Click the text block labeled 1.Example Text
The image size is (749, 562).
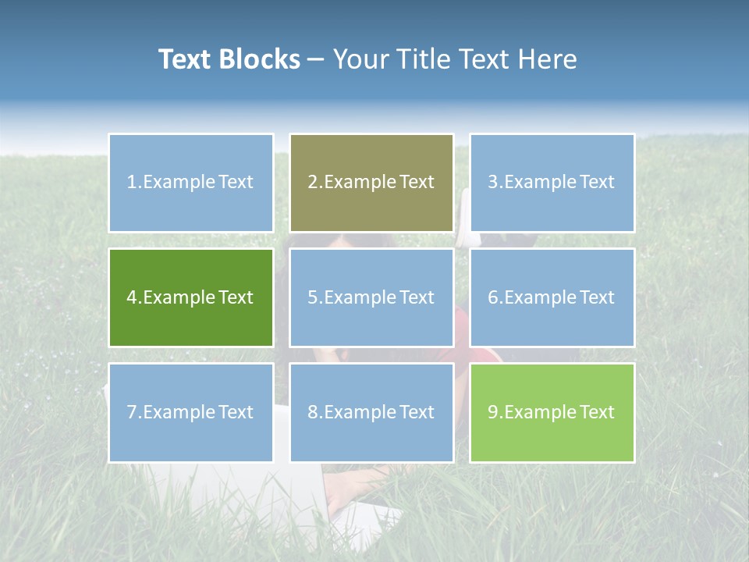[x=190, y=183]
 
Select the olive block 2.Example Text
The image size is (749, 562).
[x=371, y=183]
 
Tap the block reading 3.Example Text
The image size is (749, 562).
[x=552, y=183]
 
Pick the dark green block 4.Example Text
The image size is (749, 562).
[x=190, y=297]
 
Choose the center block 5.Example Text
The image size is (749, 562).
[x=371, y=297]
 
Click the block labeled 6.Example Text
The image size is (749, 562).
[x=552, y=297]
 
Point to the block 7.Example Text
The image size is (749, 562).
[x=190, y=412]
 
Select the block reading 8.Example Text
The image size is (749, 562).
[x=371, y=412]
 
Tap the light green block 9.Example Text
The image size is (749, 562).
[x=552, y=412]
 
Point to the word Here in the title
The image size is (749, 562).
[x=548, y=59]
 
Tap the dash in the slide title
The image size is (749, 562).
[x=317, y=60]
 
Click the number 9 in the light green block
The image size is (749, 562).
[x=493, y=412]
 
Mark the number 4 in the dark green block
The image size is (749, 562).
[x=132, y=297]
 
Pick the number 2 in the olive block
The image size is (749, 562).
[x=312, y=183]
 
